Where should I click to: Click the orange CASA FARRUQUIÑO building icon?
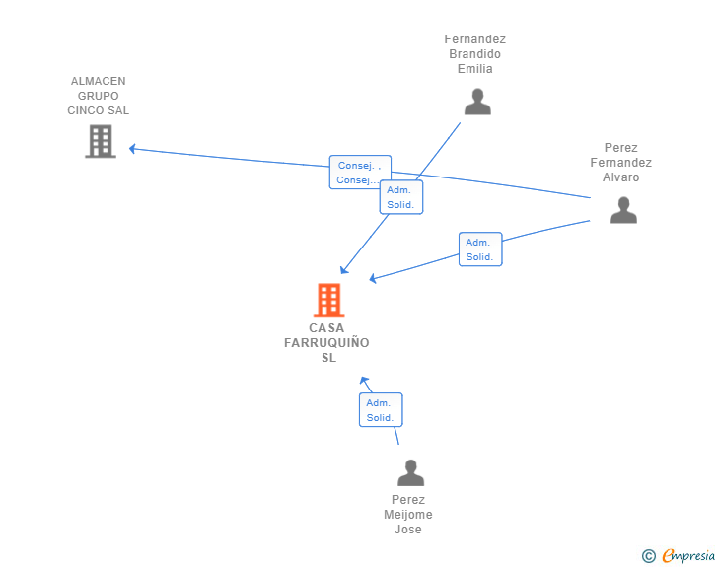coord(328,300)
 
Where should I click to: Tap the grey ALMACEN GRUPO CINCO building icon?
coord(101,142)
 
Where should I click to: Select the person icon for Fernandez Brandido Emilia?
coord(477,102)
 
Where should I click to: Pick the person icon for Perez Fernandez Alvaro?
coord(623,210)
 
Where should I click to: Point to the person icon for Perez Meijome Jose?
coord(410,472)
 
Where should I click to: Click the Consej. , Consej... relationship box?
coord(360,173)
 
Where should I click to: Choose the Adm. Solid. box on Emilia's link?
coord(401,197)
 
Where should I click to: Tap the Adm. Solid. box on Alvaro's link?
coord(480,249)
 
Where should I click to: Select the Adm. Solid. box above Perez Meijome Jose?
coord(381,410)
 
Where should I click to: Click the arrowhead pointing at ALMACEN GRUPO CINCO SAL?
coord(132,148)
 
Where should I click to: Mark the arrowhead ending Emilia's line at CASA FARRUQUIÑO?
coord(344,270)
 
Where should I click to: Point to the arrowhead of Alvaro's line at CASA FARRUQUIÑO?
coord(373,278)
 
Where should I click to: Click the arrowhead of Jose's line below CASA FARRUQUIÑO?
coord(364,381)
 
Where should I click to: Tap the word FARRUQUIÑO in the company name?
coord(326,343)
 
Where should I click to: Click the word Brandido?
coord(474,54)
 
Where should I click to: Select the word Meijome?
coord(408,515)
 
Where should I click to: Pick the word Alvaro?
coord(621,177)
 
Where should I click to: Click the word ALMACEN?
coord(98,81)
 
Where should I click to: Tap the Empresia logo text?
coord(688,555)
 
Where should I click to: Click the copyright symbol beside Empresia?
coord(649,556)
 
